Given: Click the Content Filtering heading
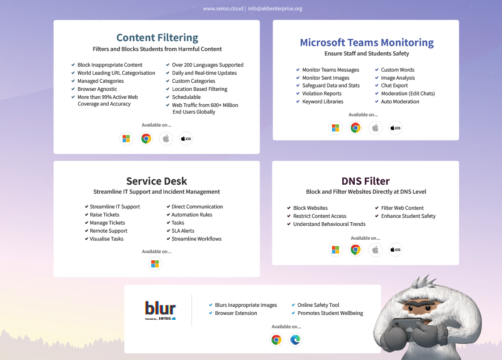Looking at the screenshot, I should click(x=157, y=38).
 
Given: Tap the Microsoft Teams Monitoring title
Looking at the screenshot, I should click(x=366, y=42).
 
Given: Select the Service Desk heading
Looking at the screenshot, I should click(x=157, y=181).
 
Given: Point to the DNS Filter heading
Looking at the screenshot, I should click(x=366, y=181).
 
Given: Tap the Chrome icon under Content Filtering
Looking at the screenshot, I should click(x=146, y=139).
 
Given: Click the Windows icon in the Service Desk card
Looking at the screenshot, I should click(x=155, y=264).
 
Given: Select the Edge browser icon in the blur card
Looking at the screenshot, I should click(x=295, y=340).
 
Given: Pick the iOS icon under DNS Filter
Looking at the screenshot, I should click(x=395, y=250).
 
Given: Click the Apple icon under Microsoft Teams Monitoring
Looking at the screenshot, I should click(x=375, y=128).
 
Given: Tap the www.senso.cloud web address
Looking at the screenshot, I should click(x=223, y=8).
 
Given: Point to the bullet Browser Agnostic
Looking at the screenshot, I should click(x=97, y=89).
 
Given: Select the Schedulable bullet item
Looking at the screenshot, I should click(x=186, y=97).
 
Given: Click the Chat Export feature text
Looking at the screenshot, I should click(x=394, y=85).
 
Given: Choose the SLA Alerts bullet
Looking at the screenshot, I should click(x=183, y=231).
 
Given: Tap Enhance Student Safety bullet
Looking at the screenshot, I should click(x=408, y=216).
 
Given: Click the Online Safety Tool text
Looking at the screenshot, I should click(x=318, y=305).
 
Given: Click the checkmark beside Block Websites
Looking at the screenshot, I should click(x=289, y=208).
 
